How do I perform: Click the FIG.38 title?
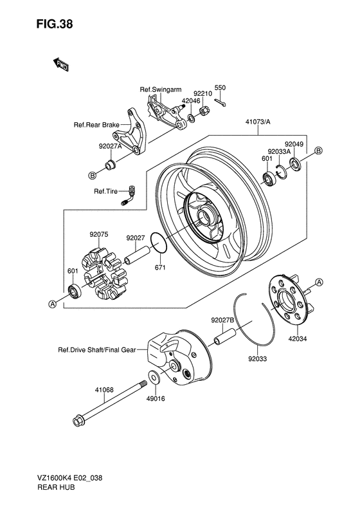tap(55, 24)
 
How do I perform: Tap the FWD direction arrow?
tap(60, 64)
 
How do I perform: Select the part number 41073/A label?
tap(258, 122)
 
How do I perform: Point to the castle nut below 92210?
tap(204, 111)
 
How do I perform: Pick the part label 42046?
tap(191, 101)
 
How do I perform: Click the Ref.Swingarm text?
tap(161, 89)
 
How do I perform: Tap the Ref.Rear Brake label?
tap(96, 125)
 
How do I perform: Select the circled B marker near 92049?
tap(318, 151)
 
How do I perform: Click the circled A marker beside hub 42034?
tap(319, 282)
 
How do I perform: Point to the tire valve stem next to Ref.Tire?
tap(129, 196)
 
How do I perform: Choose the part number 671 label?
tap(160, 268)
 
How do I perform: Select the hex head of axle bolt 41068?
tap(79, 421)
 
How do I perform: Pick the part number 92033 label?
tap(258, 358)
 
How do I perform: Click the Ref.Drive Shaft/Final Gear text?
tap(97, 350)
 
